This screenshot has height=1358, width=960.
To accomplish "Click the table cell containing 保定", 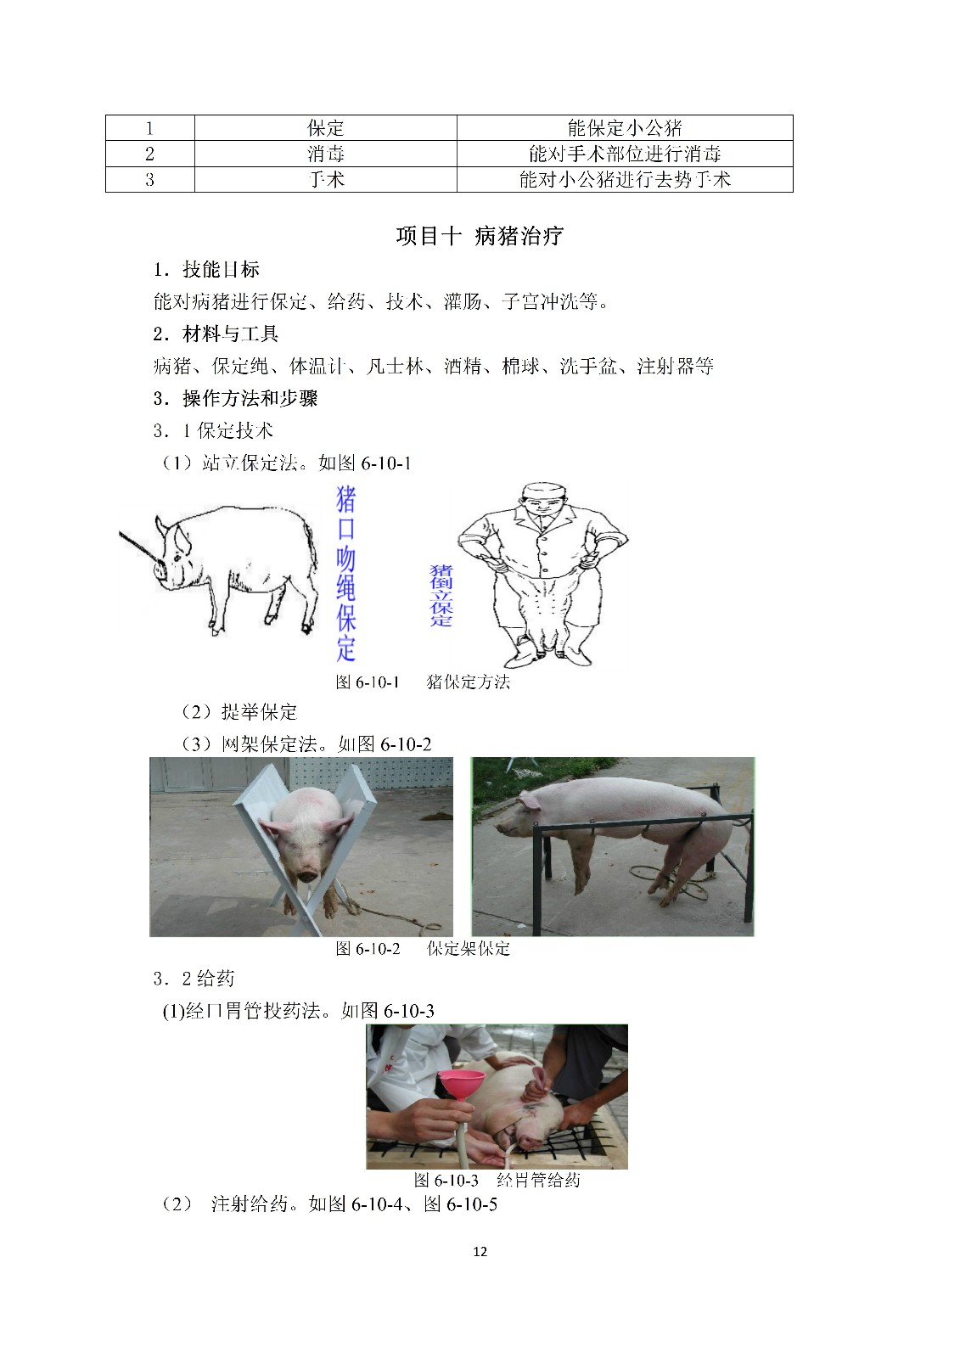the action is [326, 128].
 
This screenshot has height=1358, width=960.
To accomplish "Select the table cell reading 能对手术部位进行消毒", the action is [625, 154].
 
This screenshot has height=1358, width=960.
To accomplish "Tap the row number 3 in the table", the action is [149, 180].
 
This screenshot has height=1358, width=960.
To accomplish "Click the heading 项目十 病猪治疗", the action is [480, 236].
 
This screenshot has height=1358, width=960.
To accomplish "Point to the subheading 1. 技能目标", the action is [206, 269].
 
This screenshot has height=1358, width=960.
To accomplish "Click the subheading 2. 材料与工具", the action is [216, 334].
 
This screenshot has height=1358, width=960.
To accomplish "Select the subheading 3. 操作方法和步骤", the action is [235, 398].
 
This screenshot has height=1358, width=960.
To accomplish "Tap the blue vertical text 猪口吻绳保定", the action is [345, 573].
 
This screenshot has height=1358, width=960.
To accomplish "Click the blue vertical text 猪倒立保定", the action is [441, 595].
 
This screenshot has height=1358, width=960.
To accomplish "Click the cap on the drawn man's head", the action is [545, 491].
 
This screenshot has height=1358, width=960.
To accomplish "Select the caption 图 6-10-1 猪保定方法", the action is [423, 682].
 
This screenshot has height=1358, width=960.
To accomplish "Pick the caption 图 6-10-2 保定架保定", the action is [423, 948].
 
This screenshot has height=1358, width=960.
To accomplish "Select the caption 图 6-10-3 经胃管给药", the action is [497, 1180].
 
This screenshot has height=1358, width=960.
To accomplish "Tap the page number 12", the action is [480, 1251].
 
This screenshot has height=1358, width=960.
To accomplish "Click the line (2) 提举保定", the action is [239, 712].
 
